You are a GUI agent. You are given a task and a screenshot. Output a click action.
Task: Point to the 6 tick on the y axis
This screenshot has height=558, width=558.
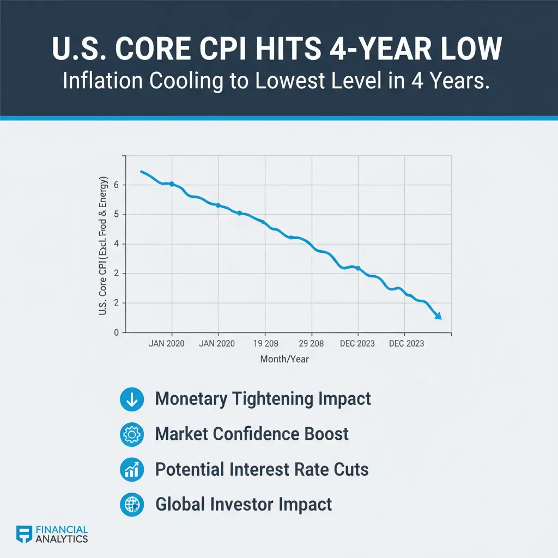117,185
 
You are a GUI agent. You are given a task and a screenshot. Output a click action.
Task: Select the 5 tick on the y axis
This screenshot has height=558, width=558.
117,215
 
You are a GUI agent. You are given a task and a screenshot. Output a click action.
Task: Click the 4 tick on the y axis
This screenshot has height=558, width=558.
117,244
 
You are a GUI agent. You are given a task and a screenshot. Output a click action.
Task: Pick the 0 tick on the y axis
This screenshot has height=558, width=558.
117,332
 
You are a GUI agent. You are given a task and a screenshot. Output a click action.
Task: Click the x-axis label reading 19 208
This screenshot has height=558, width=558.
265,344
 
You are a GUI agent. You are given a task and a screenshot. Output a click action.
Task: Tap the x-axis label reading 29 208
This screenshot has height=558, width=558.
311,344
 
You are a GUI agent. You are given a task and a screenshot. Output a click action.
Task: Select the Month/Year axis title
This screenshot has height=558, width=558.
284,360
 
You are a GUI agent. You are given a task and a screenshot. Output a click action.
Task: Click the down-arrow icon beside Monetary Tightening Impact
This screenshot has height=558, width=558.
131,399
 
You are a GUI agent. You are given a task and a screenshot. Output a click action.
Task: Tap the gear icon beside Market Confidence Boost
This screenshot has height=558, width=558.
131,434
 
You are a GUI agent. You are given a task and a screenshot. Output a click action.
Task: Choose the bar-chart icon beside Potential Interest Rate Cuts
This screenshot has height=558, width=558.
131,470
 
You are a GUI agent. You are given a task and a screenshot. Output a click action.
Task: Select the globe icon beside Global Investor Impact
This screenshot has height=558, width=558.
131,505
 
